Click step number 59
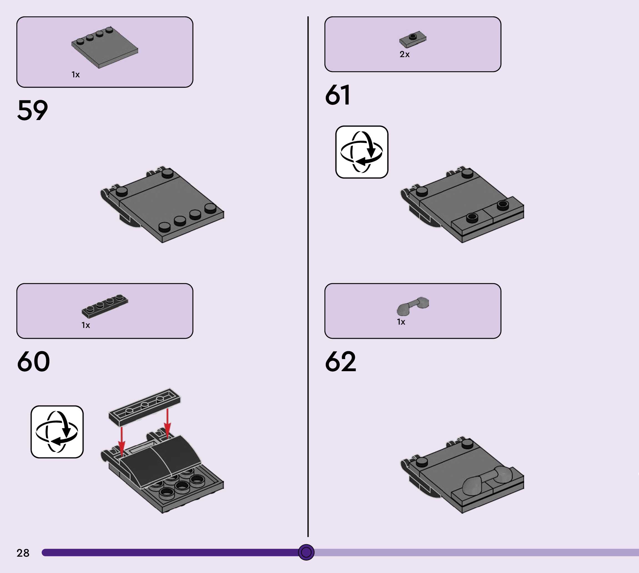(x=32, y=110)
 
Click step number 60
(x=33, y=361)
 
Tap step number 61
(x=337, y=95)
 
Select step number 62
(x=341, y=361)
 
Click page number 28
(x=23, y=552)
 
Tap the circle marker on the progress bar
(x=306, y=552)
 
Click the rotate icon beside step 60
(x=57, y=432)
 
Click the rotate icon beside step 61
(x=362, y=152)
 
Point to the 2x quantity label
(x=405, y=54)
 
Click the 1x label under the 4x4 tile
(x=76, y=75)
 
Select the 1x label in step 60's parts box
(x=86, y=325)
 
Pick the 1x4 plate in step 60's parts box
(x=105, y=305)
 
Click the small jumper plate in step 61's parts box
(x=413, y=39)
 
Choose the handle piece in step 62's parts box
(x=413, y=306)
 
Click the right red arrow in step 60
(x=167, y=424)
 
